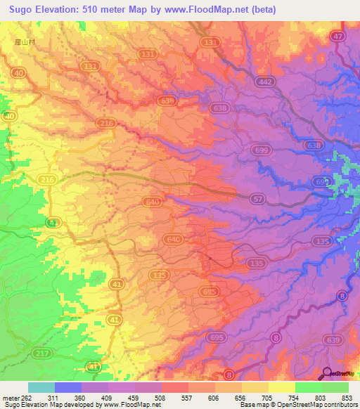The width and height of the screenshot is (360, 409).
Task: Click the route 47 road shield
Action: tap(338, 37)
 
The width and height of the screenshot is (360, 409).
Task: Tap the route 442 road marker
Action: tap(264, 82)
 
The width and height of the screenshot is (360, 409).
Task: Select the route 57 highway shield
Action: tap(259, 200)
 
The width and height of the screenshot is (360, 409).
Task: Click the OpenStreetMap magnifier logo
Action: tap(328, 372)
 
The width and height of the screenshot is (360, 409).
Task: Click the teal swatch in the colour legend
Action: tap(41, 387)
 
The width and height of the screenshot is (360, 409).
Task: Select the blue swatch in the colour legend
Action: tap(67, 387)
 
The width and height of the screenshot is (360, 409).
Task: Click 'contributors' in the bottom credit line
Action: tap(337, 405)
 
